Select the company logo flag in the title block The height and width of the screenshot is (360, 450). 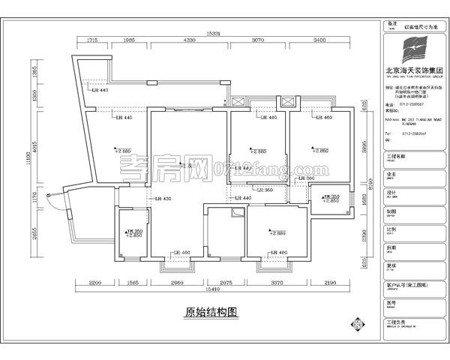[412, 53]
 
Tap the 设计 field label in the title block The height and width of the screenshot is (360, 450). [391, 191]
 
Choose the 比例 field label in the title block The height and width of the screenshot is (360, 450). [391, 226]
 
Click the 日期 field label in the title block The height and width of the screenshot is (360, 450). [391, 246]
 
